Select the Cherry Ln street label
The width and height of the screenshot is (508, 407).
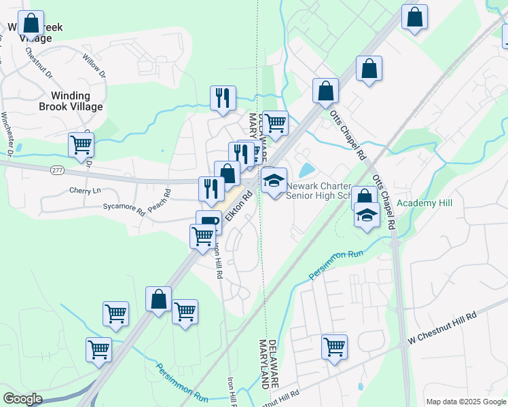(x=84, y=191)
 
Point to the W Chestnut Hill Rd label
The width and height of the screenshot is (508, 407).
(x=441, y=328)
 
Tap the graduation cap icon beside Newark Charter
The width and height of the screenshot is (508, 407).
(x=274, y=181)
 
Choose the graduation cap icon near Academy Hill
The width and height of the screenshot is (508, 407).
(x=367, y=215)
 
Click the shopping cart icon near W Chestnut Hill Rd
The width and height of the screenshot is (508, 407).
(x=334, y=347)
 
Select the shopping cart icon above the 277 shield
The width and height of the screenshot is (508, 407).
(x=81, y=145)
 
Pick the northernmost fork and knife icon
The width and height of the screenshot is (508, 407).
(x=223, y=98)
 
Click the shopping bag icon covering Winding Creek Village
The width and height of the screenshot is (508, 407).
(x=31, y=24)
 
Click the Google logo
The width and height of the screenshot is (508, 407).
(x=23, y=399)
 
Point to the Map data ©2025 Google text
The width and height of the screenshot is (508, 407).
(x=465, y=402)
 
